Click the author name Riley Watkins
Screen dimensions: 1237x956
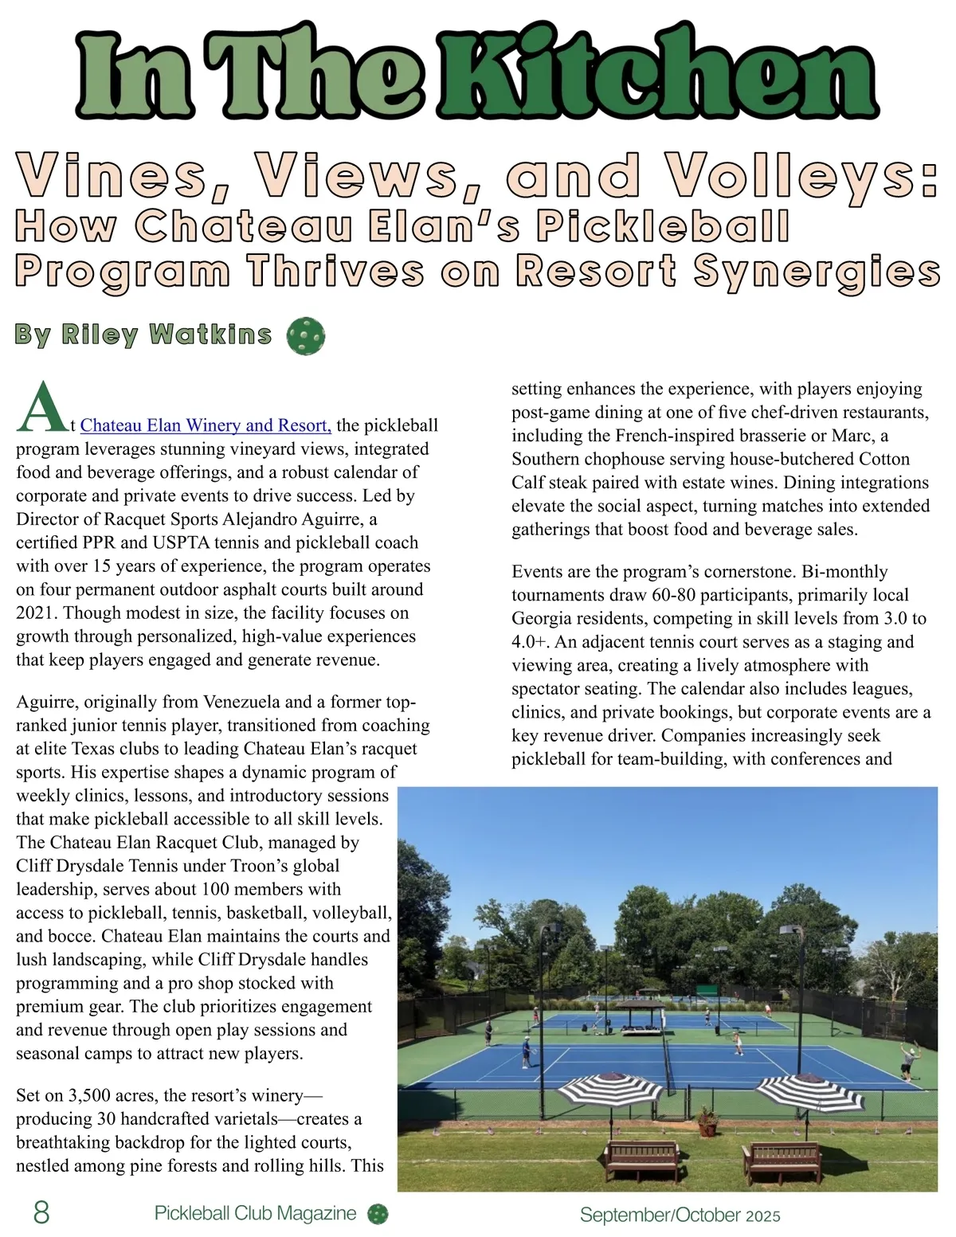pos(143,335)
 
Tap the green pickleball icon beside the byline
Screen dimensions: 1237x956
pos(305,336)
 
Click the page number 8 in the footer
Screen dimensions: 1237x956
pos(41,1212)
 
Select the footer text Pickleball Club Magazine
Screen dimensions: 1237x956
pos(255,1213)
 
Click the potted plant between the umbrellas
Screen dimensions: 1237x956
pos(707,1120)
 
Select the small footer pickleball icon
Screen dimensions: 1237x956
pos(378,1213)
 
